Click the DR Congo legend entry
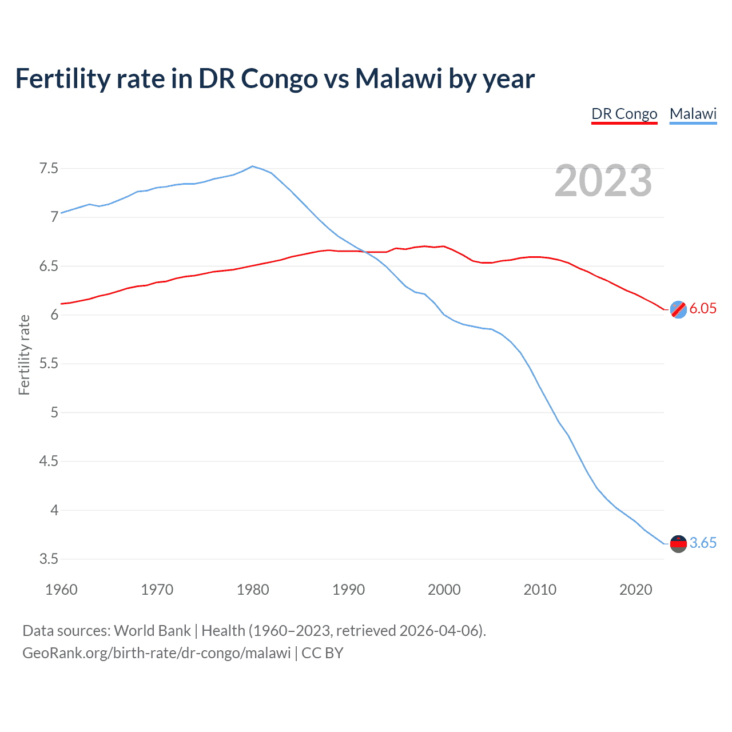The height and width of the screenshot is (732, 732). [624, 114]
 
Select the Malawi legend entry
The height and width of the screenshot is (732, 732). [693, 114]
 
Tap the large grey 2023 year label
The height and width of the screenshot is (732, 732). [603, 181]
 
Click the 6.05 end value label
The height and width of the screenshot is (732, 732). [703, 309]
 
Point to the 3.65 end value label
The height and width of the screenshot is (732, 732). [703, 543]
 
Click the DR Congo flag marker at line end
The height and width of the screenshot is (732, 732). [678, 309]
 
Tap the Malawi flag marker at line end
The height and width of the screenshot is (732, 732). [678, 543]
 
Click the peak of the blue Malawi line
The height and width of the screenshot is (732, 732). [253, 166]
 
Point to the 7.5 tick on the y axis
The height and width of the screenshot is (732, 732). [49, 169]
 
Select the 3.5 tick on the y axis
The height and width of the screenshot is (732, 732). [49, 559]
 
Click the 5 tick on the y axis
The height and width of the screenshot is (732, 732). [54, 412]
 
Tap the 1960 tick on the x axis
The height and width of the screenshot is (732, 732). [61, 590]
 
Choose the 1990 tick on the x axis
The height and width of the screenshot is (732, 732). [348, 590]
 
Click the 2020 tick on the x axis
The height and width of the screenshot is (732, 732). [635, 590]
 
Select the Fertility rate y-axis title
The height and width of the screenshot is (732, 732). [24, 355]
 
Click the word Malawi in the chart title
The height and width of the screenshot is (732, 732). [399, 78]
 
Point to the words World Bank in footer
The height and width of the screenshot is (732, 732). [152, 631]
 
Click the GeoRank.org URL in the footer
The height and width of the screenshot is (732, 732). [156, 653]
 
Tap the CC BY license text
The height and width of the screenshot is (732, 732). [323, 653]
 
